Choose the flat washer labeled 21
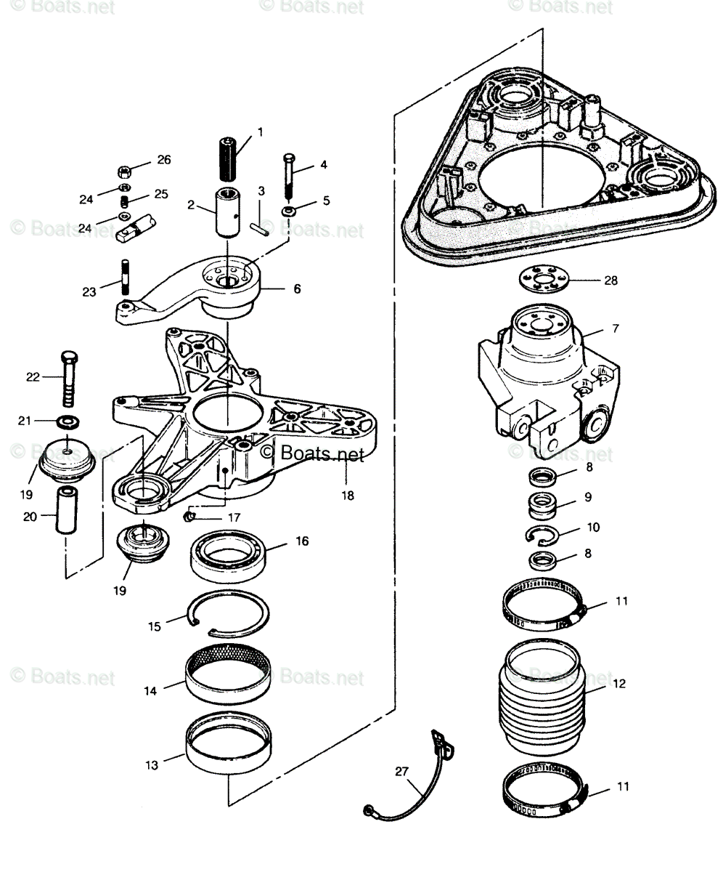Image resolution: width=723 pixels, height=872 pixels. coord(67,421)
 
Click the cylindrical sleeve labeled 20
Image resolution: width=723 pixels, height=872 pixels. coord(68,512)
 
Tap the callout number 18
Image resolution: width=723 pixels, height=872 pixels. coord(348,496)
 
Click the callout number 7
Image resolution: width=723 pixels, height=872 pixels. coord(616,328)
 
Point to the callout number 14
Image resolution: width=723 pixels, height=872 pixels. coord(150,691)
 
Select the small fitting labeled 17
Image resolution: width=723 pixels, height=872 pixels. coord(188,517)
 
